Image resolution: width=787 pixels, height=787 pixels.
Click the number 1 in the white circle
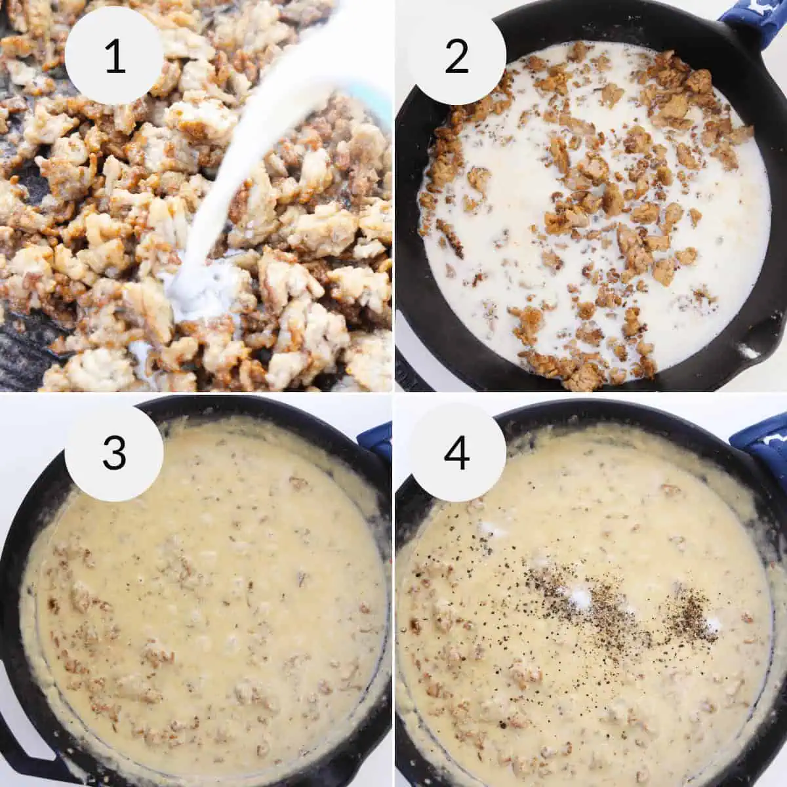114,56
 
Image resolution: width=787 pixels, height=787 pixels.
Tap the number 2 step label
456,56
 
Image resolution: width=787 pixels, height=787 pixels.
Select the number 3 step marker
114,453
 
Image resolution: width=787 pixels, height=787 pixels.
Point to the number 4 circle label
456,453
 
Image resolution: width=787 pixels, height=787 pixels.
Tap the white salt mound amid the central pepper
580,597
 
